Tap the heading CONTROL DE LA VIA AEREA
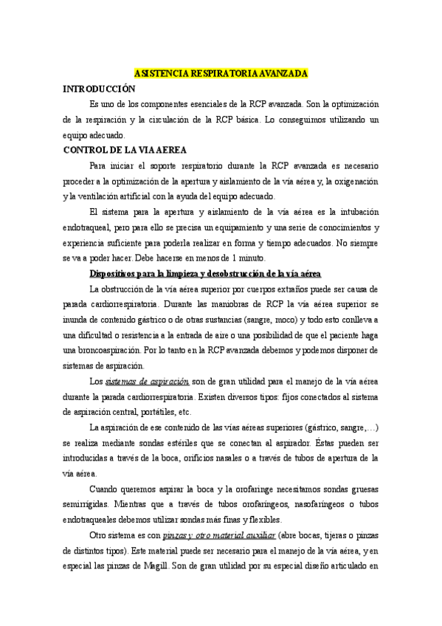(125, 150)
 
